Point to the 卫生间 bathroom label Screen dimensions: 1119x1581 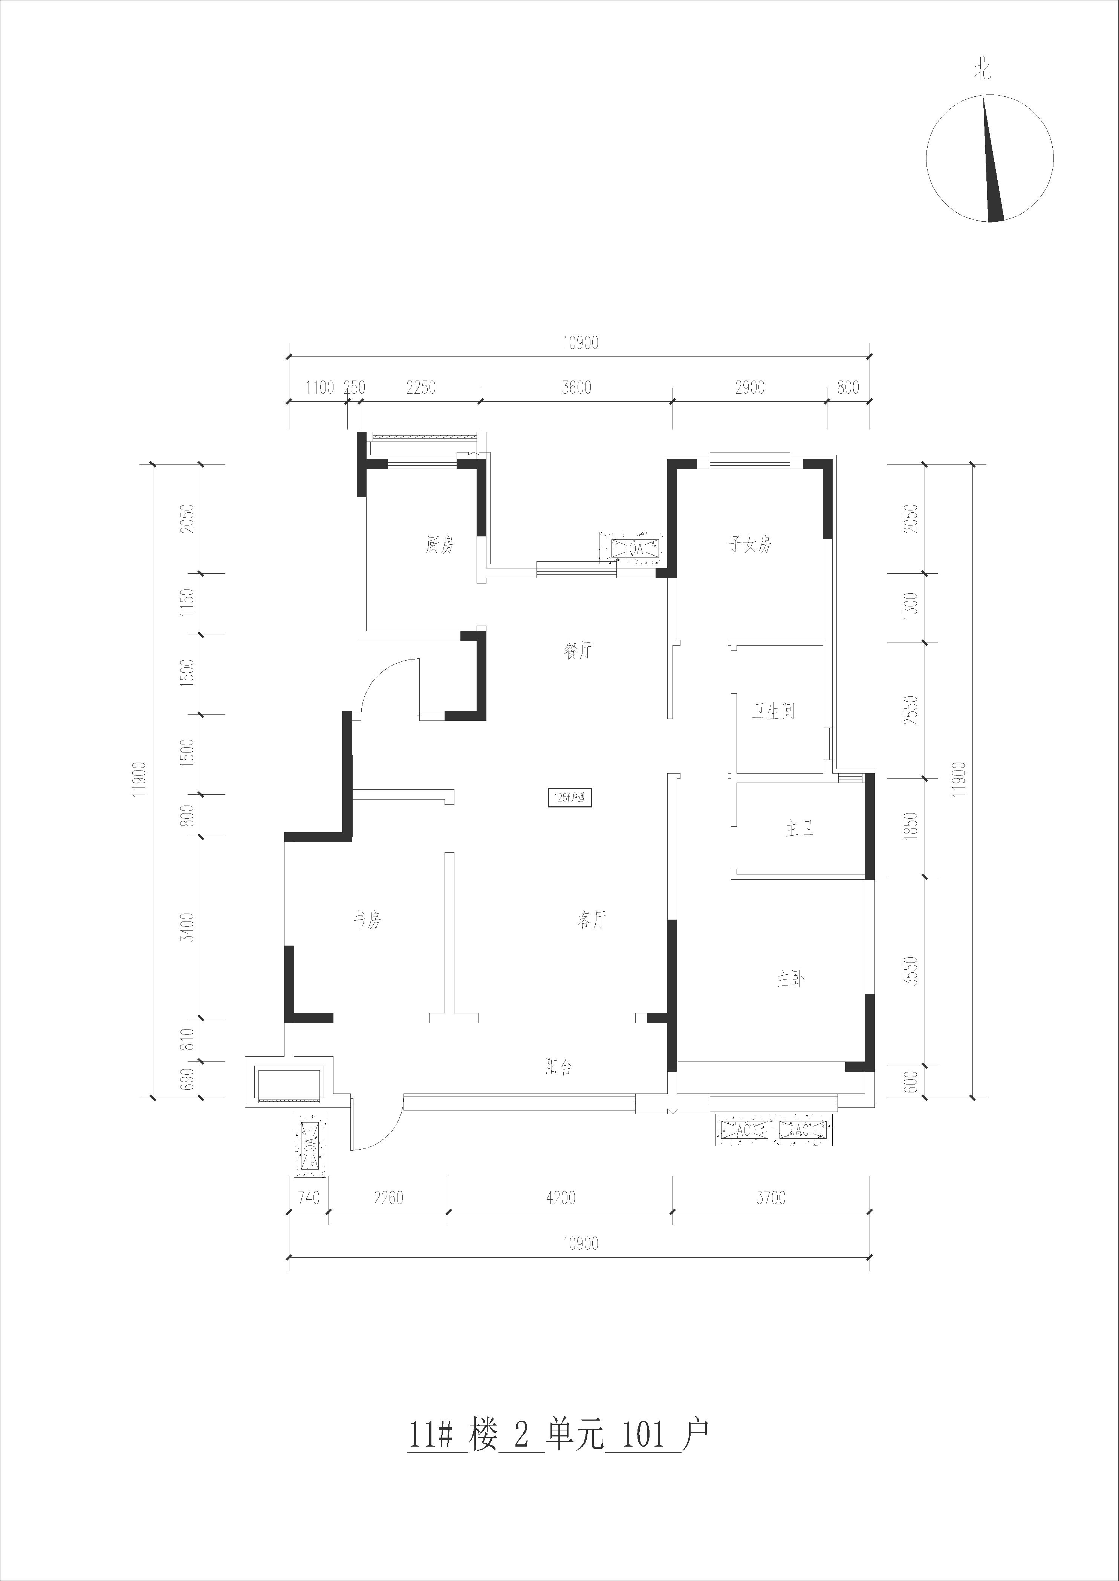(x=773, y=711)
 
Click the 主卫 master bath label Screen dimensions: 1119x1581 (x=800, y=829)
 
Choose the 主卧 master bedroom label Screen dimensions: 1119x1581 (x=791, y=979)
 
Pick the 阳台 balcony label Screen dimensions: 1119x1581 (x=559, y=1067)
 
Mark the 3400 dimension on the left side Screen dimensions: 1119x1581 (x=187, y=927)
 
